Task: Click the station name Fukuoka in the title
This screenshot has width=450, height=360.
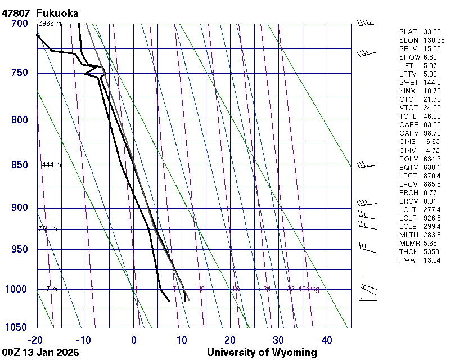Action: pos(57,13)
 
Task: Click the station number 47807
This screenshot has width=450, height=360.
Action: pos(16,13)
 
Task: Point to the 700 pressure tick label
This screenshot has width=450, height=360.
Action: pos(19,24)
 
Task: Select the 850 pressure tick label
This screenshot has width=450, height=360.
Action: pos(19,165)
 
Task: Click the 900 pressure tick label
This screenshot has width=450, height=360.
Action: pos(19,208)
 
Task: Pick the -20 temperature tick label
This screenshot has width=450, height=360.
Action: pos(36,340)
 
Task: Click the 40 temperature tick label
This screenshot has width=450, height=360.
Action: pos(326,340)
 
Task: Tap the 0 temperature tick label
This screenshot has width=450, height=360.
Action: pos(134,340)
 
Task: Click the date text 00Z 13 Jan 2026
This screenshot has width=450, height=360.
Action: pos(40,353)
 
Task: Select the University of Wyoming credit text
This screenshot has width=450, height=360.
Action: pos(262,353)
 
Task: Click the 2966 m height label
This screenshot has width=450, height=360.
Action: pos(49,24)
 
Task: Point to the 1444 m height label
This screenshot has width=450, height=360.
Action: pos(49,165)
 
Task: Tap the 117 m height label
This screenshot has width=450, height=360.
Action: pos(48,289)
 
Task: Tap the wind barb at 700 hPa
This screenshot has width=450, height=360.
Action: pos(366,23)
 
